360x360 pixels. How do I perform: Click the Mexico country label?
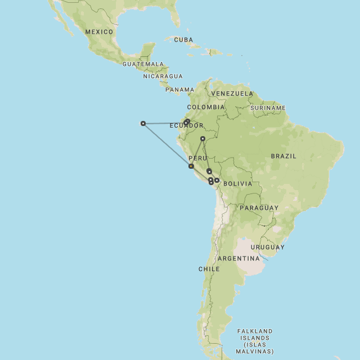tap(99, 32)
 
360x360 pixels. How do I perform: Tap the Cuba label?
tap(183, 40)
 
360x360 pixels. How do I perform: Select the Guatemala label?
tap(143, 64)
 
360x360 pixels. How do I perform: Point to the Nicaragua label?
tap(163, 76)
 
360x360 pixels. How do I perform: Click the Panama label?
tap(179, 89)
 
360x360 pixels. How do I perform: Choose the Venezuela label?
tap(232, 93)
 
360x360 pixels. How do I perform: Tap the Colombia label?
tap(206, 107)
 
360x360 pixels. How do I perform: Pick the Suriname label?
tap(268, 107)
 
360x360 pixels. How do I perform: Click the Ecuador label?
tap(186, 125)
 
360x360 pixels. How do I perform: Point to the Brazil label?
tap(283, 156)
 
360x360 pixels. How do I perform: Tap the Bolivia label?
tap(237, 184)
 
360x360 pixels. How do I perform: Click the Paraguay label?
tap(259, 208)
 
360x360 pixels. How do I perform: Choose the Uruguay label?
tap(267, 247)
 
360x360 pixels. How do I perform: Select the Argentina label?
tap(238, 259)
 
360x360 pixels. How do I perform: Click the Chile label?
tap(209, 269)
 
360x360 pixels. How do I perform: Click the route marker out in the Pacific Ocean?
tap(143, 123)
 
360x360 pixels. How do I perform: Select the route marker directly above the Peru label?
tap(203, 138)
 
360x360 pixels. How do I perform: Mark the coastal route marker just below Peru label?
tap(191, 166)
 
